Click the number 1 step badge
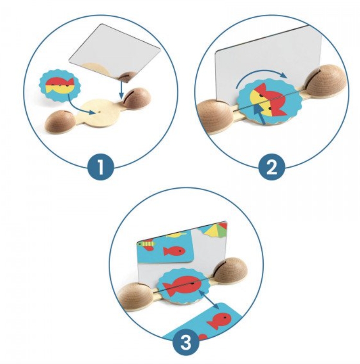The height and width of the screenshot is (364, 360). click(x=101, y=167)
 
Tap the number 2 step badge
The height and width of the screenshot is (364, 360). click(x=272, y=167)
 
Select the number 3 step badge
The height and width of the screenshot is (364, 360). click(x=186, y=342)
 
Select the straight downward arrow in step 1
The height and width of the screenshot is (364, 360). click(x=121, y=89)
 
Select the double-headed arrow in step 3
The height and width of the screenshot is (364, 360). click(x=209, y=299)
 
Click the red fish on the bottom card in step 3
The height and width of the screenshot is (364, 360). click(x=219, y=320)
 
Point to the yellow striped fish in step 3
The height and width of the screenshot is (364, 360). click(x=146, y=244)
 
